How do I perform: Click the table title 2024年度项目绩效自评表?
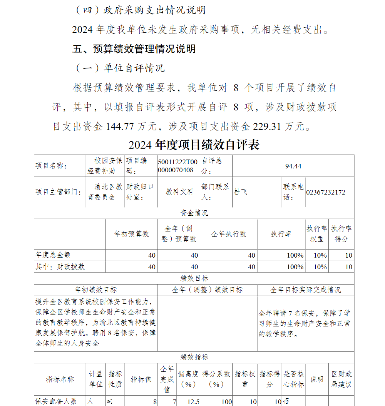tap(194, 145)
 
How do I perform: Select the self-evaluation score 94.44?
tap(293, 166)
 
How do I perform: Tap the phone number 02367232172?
tap(325, 192)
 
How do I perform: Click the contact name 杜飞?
tap(241, 192)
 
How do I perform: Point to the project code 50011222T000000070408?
tap(178, 166)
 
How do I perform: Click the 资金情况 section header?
tap(194, 213)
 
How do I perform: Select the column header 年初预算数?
tap(131, 234)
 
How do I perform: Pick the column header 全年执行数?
tap(228, 234)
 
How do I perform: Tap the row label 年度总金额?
tap(53, 255)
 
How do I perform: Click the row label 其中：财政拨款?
tap(60, 266)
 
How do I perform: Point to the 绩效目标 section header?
tap(194, 278)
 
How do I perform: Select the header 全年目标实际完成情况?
tap(305, 290)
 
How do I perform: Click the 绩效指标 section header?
tap(194, 357)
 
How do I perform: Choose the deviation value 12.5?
tap(193, 401)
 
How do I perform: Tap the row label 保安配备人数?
tap(56, 401)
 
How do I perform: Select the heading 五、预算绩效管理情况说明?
tap(134, 49)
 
